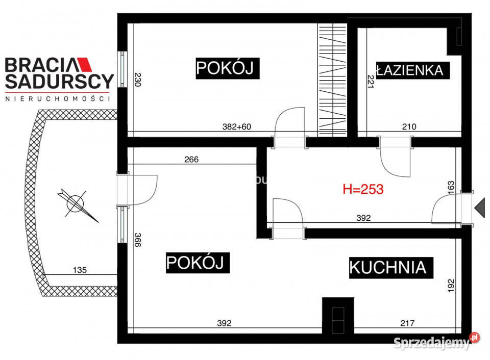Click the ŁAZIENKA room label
(x=413, y=70)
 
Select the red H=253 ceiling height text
(x=363, y=189)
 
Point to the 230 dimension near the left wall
(x=137, y=81)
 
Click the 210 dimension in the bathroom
(x=409, y=127)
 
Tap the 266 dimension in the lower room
(x=191, y=159)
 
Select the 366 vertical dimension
(x=137, y=240)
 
